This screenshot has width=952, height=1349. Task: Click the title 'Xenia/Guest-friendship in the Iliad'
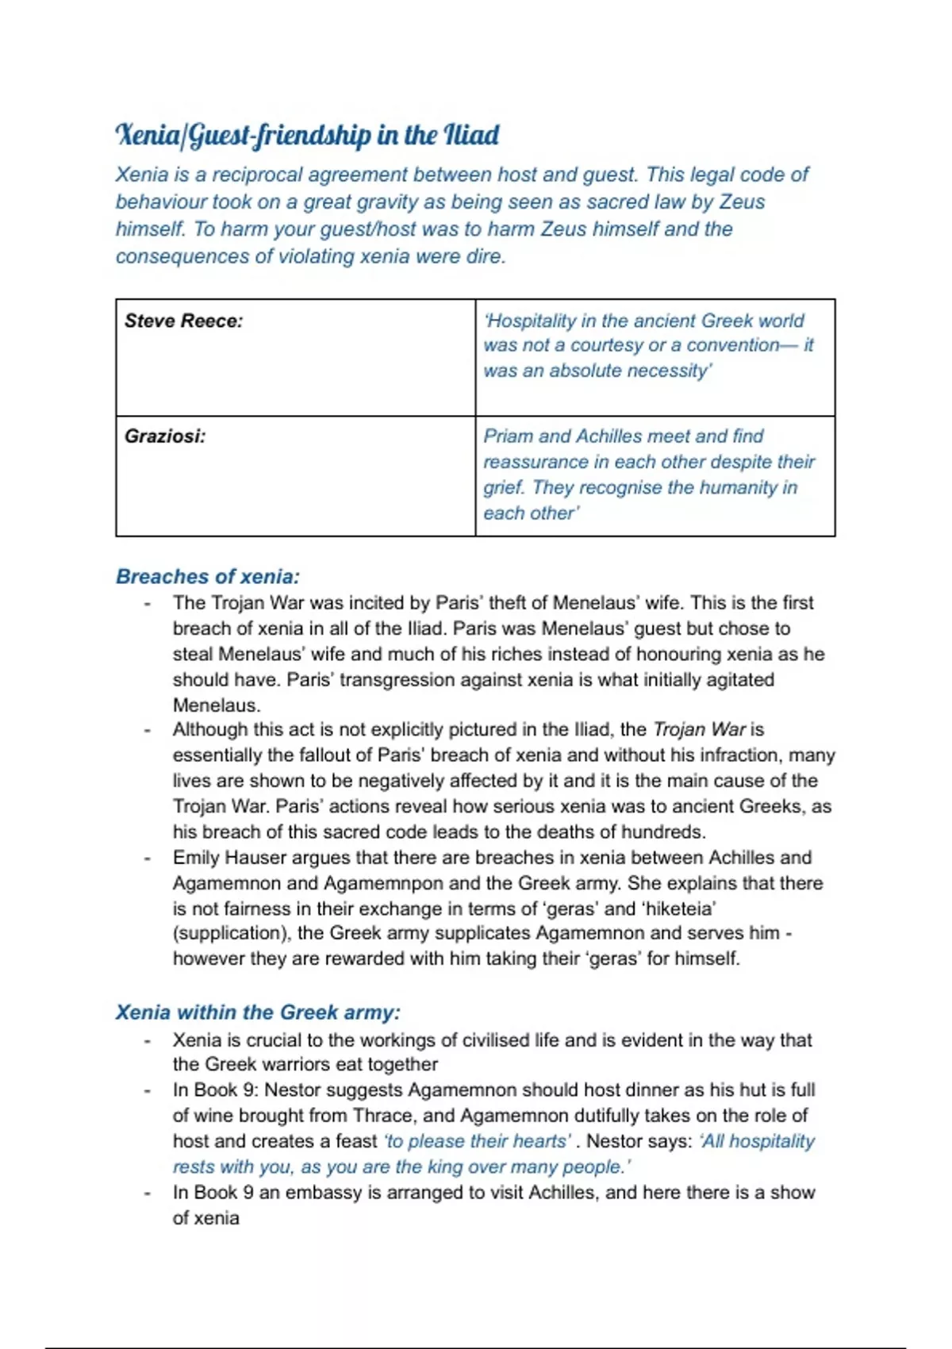[x=307, y=135]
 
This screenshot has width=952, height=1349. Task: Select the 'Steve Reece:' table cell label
[x=183, y=321]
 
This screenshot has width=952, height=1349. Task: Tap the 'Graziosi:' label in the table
[x=165, y=436]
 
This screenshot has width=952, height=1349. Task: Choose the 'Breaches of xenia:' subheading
[x=208, y=576]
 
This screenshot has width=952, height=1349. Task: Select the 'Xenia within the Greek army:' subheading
[x=258, y=1013]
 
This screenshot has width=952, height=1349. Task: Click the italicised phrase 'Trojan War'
[x=699, y=729]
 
